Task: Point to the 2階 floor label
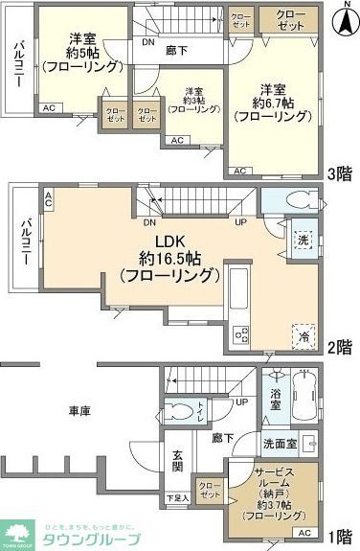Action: point(340,348)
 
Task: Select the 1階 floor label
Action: point(340,535)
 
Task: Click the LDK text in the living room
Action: point(159,241)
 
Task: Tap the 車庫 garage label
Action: point(79,411)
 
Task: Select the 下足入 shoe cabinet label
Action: point(175,498)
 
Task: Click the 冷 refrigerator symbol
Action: point(303,335)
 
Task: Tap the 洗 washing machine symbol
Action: point(302,239)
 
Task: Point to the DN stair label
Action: point(146,43)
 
